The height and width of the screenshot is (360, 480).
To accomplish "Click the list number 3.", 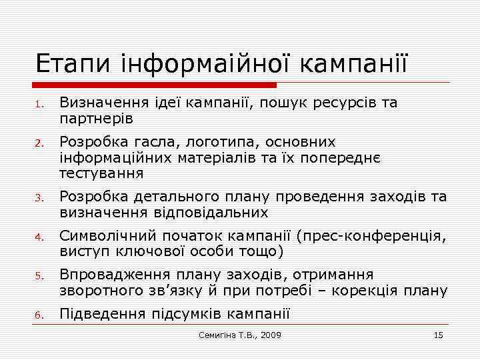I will [39, 198].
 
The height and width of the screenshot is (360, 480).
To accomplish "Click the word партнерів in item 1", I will [97, 119].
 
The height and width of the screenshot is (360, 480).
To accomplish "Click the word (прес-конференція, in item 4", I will [372, 235].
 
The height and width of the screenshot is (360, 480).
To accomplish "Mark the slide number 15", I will [438, 335].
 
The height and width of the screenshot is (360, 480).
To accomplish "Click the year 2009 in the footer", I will [268, 335].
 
